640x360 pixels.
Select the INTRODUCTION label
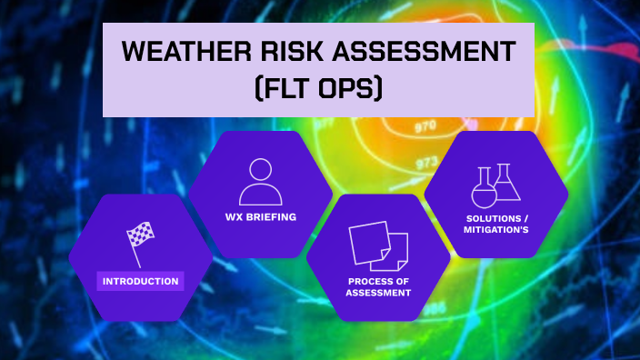click(x=140, y=281)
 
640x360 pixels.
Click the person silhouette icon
click(x=261, y=182)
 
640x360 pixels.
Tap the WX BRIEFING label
click(x=261, y=217)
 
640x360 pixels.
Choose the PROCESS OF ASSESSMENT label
click(x=379, y=286)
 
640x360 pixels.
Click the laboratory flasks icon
click(x=496, y=185)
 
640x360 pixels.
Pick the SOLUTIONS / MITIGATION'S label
click(x=496, y=224)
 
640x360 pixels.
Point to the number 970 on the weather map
click(x=425, y=127)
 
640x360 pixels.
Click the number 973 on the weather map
click(x=427, y=163)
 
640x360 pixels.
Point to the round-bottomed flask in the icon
click(x=484, y=191)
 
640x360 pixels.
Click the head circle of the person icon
click(x=261, y=170)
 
